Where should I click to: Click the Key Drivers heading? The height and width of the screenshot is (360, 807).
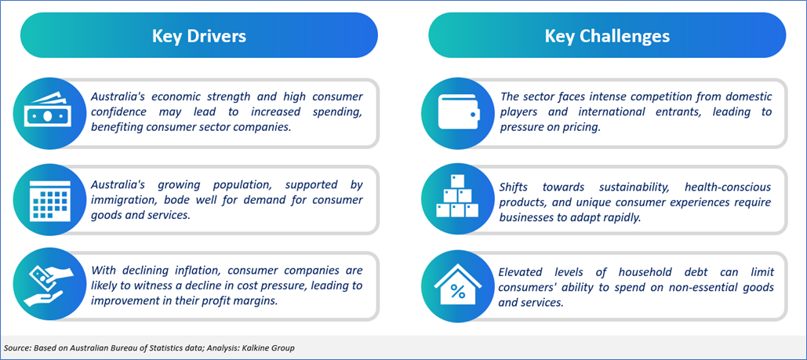pyautogui.click(x=198, y=36)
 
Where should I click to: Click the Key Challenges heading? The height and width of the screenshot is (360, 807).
pyautogui.click(x=607, y=36)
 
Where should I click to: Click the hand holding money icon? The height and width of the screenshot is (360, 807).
pyautogui.click(x=45, y=285)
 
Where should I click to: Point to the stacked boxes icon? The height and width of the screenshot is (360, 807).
pyautogui.click(x=456, y=196)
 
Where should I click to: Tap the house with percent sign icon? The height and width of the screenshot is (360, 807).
pyautogui.click(x=457, y=285)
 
